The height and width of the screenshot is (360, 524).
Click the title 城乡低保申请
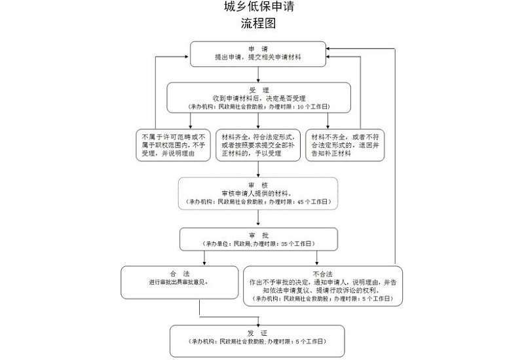(x=259, y=9)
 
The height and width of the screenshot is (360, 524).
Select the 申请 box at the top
(x=257, y=54)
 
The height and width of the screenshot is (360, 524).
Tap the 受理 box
(x=259, y=97)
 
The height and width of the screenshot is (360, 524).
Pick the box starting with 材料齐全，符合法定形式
(x=257, y=145)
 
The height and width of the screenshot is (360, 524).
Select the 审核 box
(x=258, y=193)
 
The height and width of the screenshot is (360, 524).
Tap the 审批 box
(x=259, y=239)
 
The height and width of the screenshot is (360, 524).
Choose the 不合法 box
(x=322, y=285)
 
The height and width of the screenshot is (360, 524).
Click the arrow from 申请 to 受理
(x=258, y=74)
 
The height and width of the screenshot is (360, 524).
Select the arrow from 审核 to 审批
(x=258, y=219)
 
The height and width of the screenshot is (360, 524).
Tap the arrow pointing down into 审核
(x=258, y=170)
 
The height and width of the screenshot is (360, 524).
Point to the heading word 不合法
(x=322, y=273)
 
